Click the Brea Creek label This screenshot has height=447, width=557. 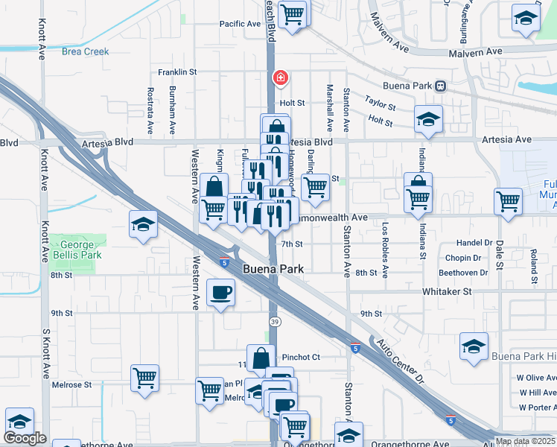[85, 51]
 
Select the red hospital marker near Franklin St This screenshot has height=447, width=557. [281, 77]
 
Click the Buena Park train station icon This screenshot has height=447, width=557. [441, 86]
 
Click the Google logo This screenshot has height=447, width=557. [25, 438]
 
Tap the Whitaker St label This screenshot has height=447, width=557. [448, 291]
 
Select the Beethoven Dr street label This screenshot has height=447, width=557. [463, 273]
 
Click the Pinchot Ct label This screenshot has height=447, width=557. [301, 357]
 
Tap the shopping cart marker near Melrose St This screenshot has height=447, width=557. [144, 378]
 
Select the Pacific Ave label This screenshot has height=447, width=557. [240, 24]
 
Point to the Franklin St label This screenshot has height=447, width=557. [176, 72]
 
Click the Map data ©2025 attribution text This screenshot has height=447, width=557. [524, 441]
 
